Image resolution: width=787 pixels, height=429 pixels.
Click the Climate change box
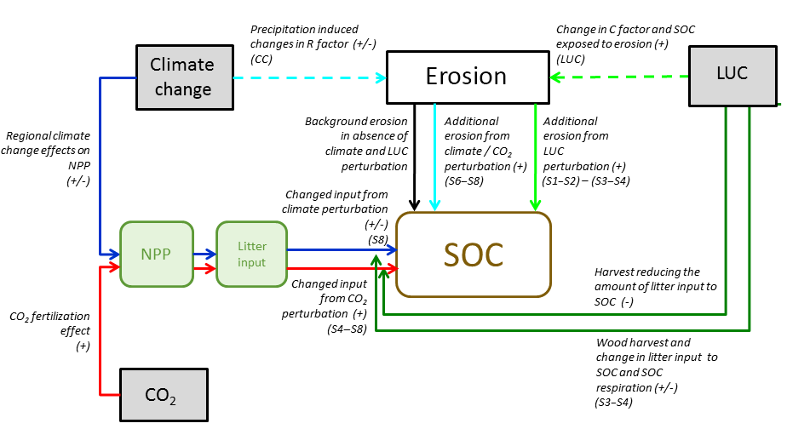pos(181,77)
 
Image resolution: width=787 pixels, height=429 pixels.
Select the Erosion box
pos(466,77)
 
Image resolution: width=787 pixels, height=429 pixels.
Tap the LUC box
pos(732,73)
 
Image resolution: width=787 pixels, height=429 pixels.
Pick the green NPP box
pos(158,253)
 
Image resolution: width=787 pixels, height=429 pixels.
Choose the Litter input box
pos(252,253)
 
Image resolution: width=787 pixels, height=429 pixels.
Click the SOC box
pos(473,254)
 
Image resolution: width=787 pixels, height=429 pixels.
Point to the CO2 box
pos(162,395)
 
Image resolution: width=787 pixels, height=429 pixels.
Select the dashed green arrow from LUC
pos(621,77)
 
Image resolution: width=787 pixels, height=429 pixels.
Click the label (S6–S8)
pos(466,181)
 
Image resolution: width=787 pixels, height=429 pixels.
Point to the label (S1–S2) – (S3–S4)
pos(586,181)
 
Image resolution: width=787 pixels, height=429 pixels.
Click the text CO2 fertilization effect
pos(49,331)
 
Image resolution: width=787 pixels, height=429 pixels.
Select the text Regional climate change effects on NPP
pos(49,157)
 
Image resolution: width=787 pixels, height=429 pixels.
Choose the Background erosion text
pos(345,144)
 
